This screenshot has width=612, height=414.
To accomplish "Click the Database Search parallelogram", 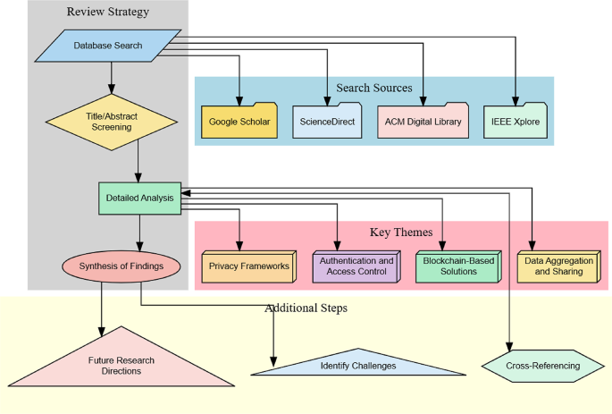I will [108, 46].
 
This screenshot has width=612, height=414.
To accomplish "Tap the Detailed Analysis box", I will [139, 198].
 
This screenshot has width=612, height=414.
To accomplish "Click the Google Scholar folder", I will [239, 121].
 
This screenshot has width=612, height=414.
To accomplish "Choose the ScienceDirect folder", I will [327, 121].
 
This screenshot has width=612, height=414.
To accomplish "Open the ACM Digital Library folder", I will [423, 121].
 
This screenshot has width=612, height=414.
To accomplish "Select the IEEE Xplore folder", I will [516, 121].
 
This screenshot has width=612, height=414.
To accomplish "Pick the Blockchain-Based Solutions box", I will [456, 266].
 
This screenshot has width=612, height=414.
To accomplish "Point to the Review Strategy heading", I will [108, 12].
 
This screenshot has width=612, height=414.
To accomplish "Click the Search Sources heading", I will [374, 88].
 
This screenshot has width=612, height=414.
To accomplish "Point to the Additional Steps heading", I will [306, 308].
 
